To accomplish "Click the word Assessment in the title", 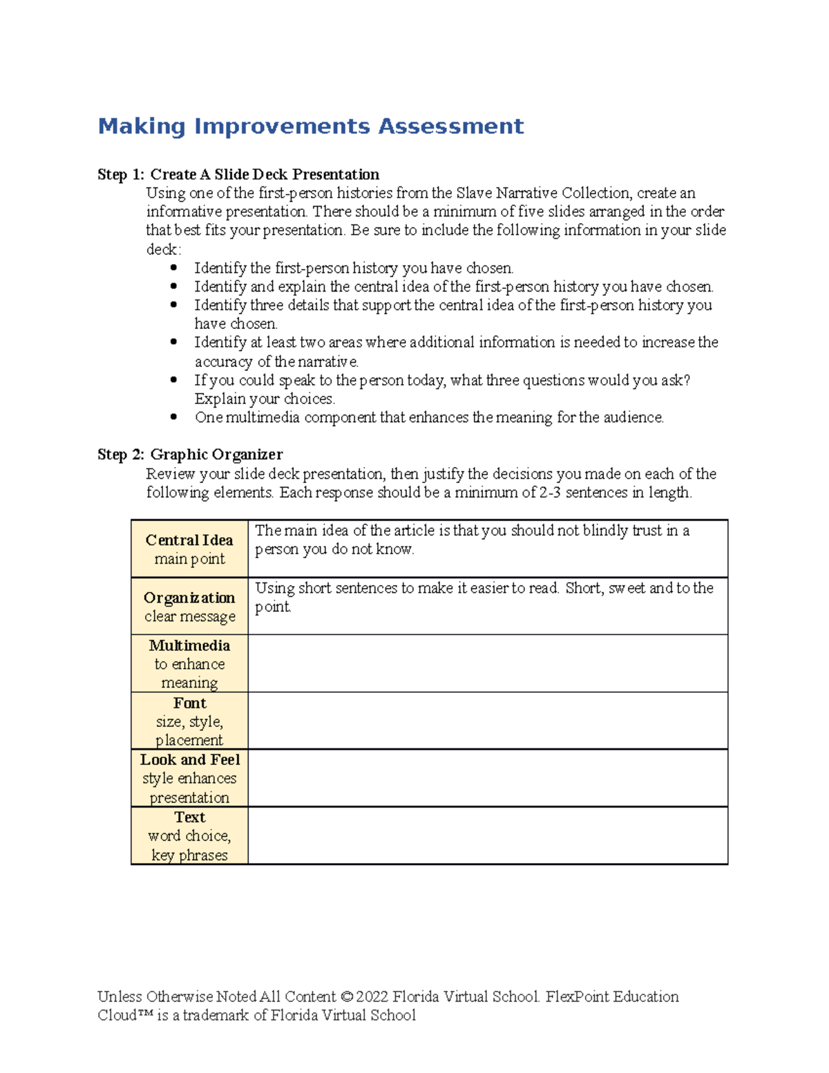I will point(450,126).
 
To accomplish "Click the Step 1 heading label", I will point(121,174).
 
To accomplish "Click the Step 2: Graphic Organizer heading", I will point(190,455).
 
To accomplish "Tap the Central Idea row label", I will point(189,549).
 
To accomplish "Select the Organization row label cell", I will point(189,606).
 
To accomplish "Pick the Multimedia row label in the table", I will point(189,663).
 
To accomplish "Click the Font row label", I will point(189,721).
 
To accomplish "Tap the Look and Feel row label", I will point(189,778).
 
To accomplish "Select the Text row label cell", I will point(189,835).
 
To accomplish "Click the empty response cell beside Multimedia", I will point(487,663).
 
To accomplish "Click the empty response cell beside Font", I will point(487,721).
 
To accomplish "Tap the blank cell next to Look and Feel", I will point(487,778).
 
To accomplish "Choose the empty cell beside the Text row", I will point(487,835).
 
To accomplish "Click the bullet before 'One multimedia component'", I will point(173,417).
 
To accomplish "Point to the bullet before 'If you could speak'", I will point(173,379).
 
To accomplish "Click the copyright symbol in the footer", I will point(347,996).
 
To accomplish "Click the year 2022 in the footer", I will point(372,996).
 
